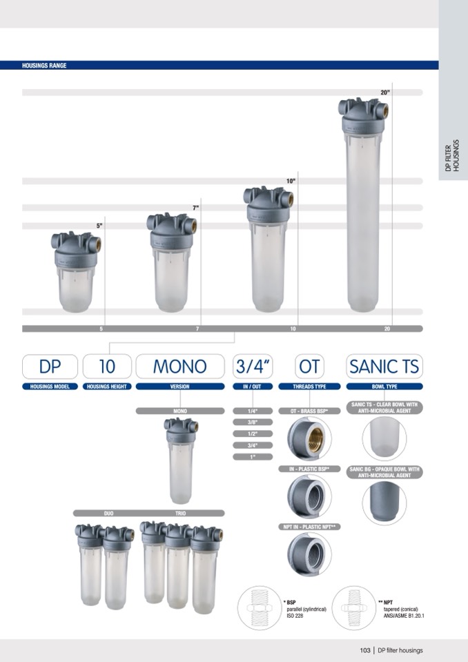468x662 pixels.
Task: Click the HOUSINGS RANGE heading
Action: click(44, 66)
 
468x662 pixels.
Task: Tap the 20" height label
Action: click(385, 93)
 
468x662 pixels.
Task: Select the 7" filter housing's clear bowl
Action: click(171, 280)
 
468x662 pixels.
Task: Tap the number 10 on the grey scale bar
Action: click(293, 329)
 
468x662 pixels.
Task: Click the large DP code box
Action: click(50, 367)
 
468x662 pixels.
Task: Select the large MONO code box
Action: click(180, 367)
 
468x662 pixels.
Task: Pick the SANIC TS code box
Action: click(384, 367)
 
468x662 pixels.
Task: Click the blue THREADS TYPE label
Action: click(309, 387)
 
